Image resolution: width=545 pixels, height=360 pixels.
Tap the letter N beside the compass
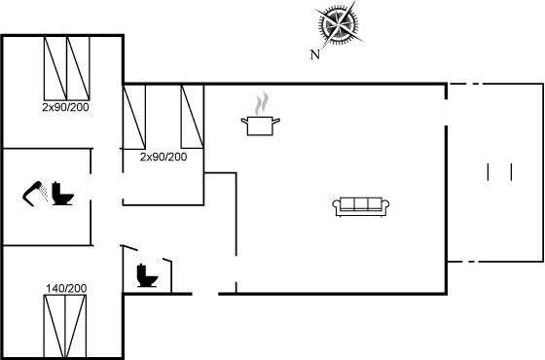pos(314,54)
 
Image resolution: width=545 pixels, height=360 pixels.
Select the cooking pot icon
pos(261,124)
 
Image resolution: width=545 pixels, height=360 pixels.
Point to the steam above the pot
pos(261,101)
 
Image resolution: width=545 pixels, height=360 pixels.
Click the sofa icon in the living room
pos(361,204)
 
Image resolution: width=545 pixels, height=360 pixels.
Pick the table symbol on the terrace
pos(499,172)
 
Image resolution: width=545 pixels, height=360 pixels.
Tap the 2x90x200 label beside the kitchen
pos(163,156)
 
